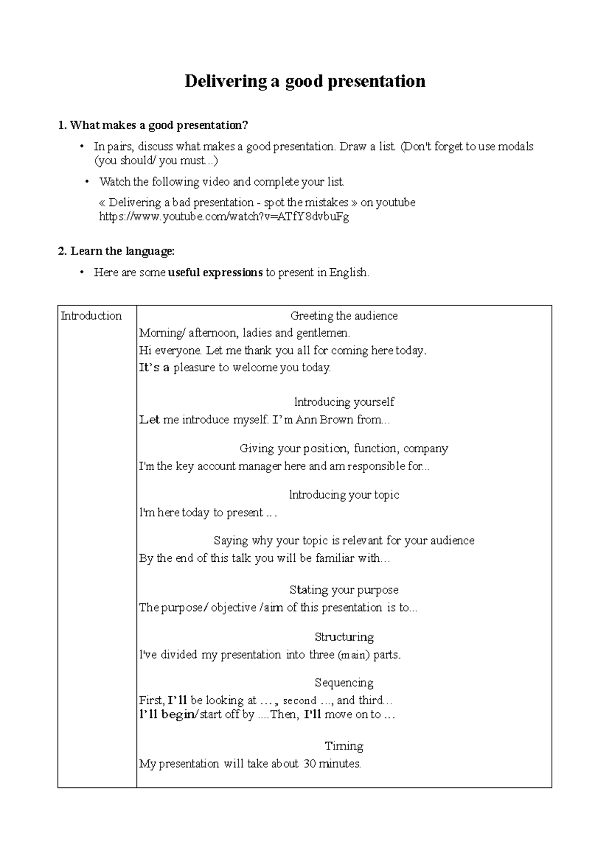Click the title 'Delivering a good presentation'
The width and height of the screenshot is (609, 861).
coord(304,81)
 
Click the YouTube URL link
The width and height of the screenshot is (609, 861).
coord(224,217)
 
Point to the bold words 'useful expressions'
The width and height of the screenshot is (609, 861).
coord(215,272)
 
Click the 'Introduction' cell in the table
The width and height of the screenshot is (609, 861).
coord(91,316)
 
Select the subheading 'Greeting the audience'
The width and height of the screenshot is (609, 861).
coord(344,316)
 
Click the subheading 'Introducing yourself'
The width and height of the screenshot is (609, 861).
coord(344,402)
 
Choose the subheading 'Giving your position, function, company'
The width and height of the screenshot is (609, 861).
coord(344,448)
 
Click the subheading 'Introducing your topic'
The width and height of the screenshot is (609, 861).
coord(344,495)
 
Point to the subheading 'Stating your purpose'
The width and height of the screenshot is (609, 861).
coord(344,590)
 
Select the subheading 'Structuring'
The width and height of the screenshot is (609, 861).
coord(344,637)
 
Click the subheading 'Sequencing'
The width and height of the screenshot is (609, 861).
coord(344,683)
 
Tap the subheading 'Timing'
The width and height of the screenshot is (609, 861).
coord(344,746)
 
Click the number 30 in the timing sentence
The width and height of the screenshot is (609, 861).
coord(310,764)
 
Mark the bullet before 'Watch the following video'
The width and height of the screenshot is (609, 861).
coord(86,182)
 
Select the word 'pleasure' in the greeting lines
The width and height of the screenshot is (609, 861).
coord(195,368)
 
